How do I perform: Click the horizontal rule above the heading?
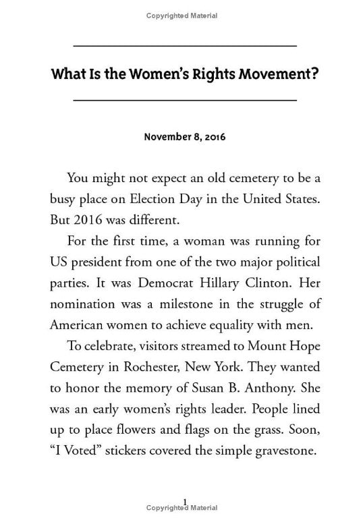184,46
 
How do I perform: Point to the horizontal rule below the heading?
184,100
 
